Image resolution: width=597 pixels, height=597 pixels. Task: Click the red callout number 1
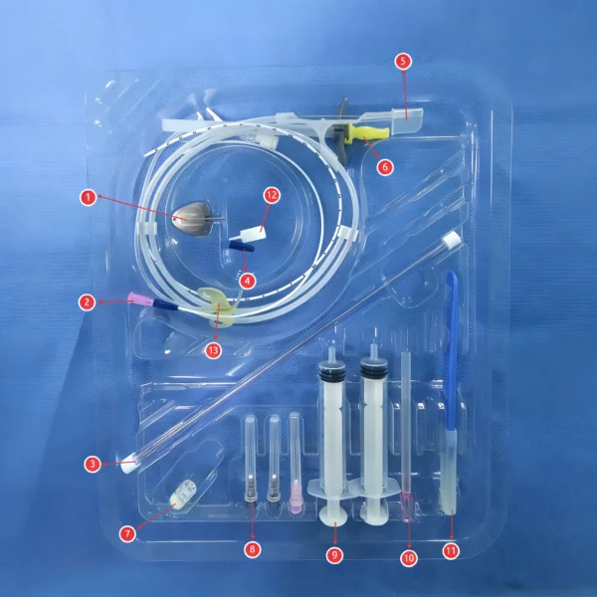[89, 197]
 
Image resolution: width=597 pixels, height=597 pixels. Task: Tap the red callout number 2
[89, 299]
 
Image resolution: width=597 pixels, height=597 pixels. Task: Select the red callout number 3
[92, 463]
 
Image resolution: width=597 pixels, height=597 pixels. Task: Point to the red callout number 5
[402, 61]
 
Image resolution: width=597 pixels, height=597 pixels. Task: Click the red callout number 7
[127, 533]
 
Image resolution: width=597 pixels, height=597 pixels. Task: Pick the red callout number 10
[408, 558]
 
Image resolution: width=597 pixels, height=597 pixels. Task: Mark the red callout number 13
[212, 349]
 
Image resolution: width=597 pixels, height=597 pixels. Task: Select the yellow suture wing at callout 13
[221, 302]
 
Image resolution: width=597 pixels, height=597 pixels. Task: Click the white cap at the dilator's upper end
[453, 240]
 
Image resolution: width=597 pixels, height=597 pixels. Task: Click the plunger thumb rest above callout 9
[332, 515]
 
